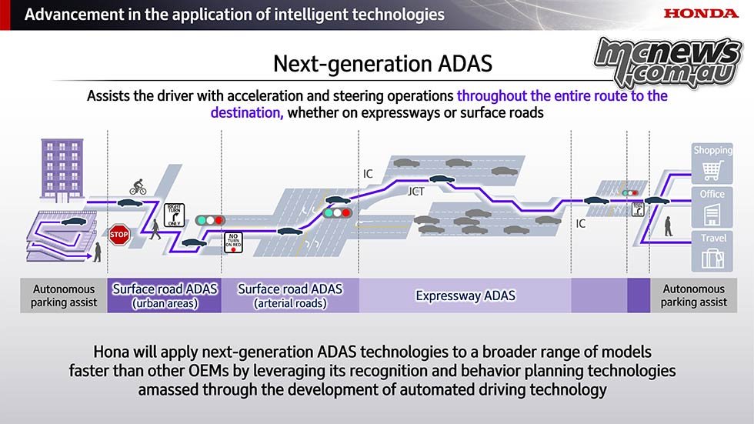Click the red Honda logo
tap(701, 13)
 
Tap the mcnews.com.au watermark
tap(668, 62)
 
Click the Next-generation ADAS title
tap(383, 63)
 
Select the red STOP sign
tap(118, 235)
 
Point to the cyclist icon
tap(138, 187)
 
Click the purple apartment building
tap(62, 169)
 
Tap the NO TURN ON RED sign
tap(233, 242)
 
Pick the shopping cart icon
tap(712, 170)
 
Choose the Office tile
tap(712, 207)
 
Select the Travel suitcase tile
tap(712, 251)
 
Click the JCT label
tap(416, 192)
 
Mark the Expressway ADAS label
tap(465, 295)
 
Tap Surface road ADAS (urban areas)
tap(165, 295)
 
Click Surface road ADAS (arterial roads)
tap(290, 295)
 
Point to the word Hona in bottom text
tap(111, 352)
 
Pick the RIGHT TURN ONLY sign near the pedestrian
tap(174, 215)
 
